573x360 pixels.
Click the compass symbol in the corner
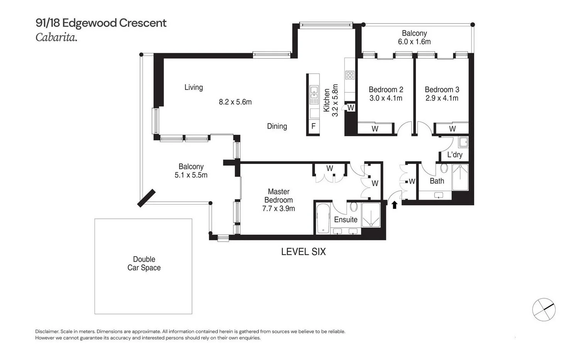tap(543, 309)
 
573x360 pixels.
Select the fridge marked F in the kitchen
tap(313, 126)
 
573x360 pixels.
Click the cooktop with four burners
tap(350, 75)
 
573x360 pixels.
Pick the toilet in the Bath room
tap(443, 168)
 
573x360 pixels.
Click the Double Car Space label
tap(144, 264)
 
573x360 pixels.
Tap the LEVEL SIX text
tap(303, 252)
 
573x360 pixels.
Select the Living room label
tap(193, 87)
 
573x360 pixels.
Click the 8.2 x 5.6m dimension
tap(235, 102)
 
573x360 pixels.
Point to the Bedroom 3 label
tap(442, 90)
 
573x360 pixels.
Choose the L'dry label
tap(455, 155)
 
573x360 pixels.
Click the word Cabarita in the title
tap(56, 37)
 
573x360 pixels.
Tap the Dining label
tap(277, 126)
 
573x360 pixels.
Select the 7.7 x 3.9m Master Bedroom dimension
tap(279, 209)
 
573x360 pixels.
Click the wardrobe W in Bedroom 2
tap(375, 129)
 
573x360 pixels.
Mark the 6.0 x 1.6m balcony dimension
tap(414, 42)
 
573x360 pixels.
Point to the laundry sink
tap(463, 142)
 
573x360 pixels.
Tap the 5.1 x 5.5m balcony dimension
tap(191, 175)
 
